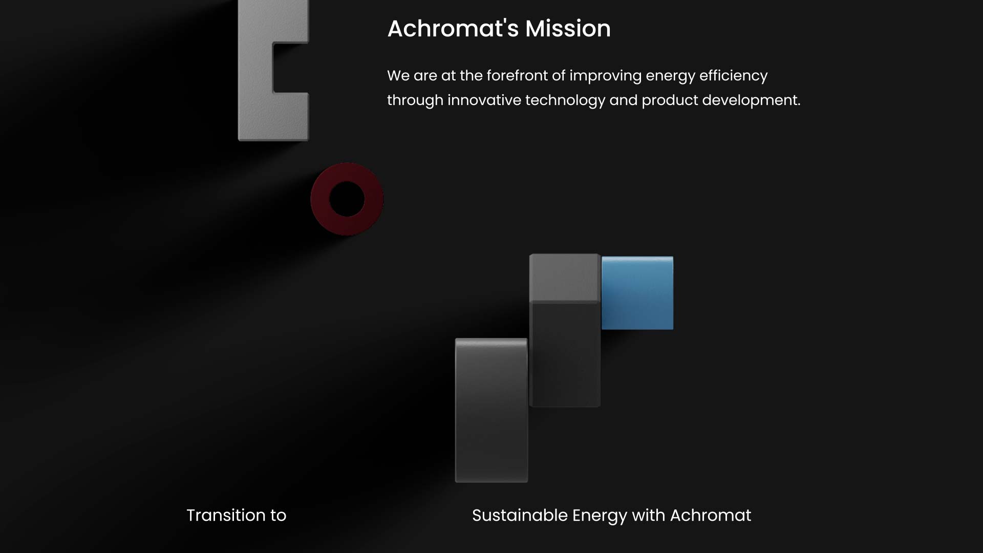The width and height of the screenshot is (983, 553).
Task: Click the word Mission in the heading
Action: [x=568, y=29]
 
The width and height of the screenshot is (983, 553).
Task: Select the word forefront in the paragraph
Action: [x=517, y=76]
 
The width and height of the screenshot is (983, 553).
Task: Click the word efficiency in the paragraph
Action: [x=733, y=76]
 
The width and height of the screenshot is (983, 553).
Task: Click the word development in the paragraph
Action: [x=751, y=101]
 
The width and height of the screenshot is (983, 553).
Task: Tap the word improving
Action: [x=606, y=76]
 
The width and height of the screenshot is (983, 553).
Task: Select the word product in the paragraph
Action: [x=670, y=101]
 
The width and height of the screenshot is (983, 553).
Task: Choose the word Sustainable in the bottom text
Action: [x=520, y=515]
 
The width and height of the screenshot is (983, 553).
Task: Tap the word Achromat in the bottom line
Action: [x=711, y=515]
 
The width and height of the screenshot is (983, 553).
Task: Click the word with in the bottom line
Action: [x=648, y=515]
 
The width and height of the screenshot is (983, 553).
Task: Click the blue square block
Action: [x=637, y=293]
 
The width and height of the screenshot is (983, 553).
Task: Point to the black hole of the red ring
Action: [x=347, y=199]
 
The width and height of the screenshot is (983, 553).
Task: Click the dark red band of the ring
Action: [x=320, y=199]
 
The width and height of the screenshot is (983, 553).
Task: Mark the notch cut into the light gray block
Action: [x=291, y=68]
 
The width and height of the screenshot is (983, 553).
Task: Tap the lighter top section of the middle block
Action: [x=564, y=278]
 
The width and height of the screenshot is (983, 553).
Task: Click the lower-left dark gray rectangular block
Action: [x=491, y=410]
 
